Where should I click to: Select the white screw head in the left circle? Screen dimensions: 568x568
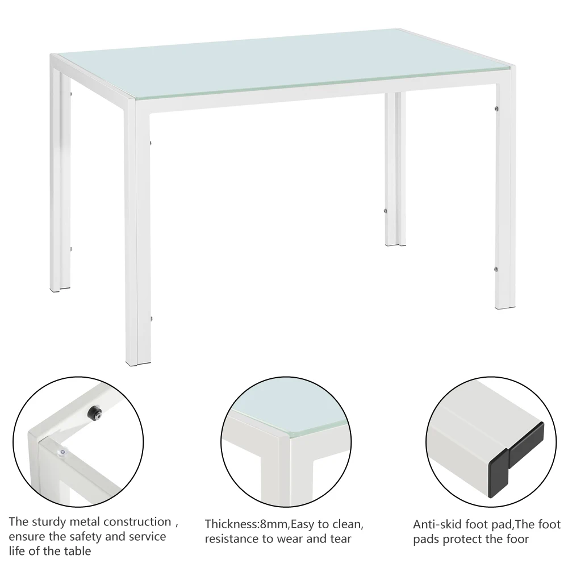point(61,452)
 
